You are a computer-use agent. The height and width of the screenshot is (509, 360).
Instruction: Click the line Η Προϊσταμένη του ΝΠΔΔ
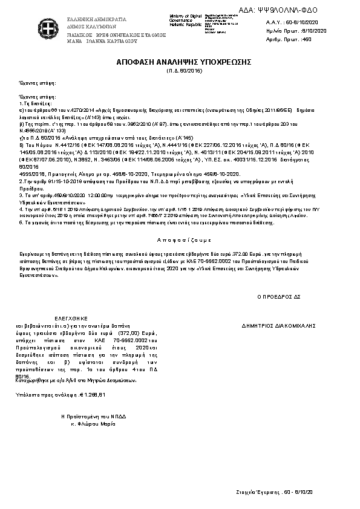point(88,417)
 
